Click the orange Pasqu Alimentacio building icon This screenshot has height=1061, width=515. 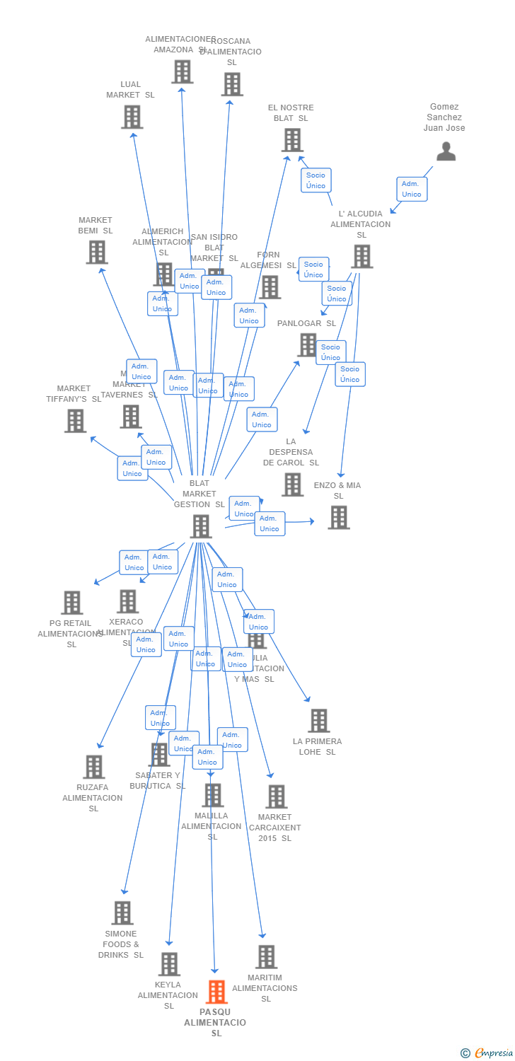[216, 992]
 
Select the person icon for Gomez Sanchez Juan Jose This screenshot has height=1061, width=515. [446, 151]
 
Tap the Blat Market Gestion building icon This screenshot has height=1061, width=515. [201, 526]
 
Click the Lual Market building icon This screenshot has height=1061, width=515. [132, 117]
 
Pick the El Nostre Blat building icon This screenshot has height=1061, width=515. [292, 140]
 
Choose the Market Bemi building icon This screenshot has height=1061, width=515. [97, 252]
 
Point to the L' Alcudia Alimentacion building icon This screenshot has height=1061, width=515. [361, 256]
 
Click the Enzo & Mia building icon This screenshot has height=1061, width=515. [339, 517]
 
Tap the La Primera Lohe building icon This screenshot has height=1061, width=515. [319, 721]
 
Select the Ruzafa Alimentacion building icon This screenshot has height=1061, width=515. [94, 767]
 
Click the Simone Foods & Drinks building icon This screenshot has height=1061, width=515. [122, 912]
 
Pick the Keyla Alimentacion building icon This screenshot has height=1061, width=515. [169, 963]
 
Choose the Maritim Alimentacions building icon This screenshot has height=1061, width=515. [266, 956]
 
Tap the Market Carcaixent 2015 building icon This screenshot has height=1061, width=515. [276, 796]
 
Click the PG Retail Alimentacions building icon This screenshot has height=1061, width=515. [71, 603]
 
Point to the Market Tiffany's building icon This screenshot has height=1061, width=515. [75, 420]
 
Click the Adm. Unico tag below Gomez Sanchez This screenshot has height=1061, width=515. [412, 189]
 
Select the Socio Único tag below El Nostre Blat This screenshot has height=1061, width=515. [316, 180]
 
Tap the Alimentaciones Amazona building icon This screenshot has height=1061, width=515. [182, 71]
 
